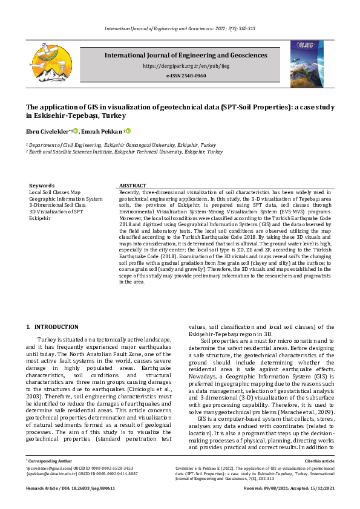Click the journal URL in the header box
click(x=186, y=65)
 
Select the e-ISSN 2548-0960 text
click(x=186, y=76)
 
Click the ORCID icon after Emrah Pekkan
click(x=128, y=131)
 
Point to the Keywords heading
click(x=42, y=186)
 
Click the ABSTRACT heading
click(x=133, y=186)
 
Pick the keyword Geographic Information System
click(x=65, y=198)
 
